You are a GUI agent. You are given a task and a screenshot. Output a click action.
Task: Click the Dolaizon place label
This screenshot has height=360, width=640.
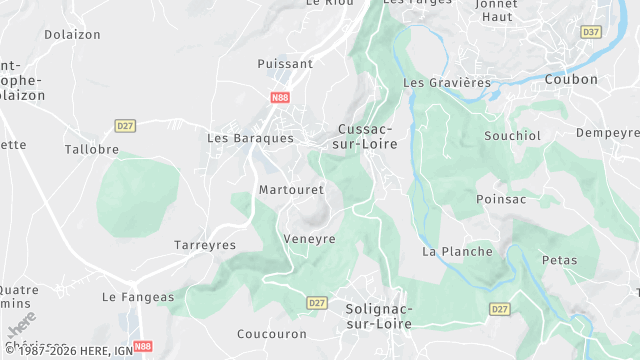click(71, 34)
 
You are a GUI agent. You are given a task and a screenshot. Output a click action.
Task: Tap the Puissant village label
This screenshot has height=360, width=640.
click(285, 63)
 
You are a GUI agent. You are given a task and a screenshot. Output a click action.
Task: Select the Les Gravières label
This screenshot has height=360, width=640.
click(446, 82)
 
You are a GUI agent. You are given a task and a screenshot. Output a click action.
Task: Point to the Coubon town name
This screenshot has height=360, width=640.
click(571, 79)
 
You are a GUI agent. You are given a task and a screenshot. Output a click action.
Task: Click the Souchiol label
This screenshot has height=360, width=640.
click(512, 134)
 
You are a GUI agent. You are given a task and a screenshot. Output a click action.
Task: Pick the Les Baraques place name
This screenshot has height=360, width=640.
click(250, 138)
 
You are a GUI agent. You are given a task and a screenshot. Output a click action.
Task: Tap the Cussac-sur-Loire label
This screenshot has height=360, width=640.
click(367, 137)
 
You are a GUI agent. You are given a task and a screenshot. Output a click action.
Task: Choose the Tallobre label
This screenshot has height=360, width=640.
click(92, 149)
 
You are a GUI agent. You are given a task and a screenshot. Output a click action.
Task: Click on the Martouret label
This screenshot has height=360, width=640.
click(288, 189)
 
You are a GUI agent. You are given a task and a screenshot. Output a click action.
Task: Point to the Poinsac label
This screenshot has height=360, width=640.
click(501, 199)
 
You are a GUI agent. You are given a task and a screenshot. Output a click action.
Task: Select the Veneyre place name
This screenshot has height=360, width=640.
click(309, 239)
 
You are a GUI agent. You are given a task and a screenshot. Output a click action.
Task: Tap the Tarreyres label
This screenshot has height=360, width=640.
click(205, 245)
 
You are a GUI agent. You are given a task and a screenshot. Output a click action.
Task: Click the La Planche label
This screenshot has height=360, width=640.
click(457, 251)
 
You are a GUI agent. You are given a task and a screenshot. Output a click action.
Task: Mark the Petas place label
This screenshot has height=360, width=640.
click(559, 260)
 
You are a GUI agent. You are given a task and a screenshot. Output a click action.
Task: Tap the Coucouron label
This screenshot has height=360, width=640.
click(270, 334)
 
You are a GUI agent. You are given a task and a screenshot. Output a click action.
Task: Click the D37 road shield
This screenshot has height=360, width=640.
click(591, 32)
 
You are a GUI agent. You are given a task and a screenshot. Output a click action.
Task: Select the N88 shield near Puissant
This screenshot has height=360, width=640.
click(280, 97)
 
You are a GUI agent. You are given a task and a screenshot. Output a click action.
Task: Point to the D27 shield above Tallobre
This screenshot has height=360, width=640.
click(125, 125)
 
